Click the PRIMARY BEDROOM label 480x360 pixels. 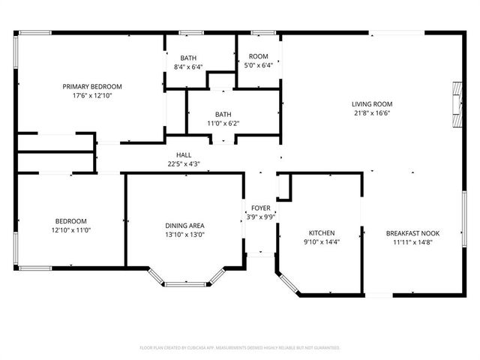pos(91,86)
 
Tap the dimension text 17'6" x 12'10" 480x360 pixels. pos(91,95)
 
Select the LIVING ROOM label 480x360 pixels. pos(373,104)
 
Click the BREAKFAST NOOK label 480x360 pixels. pos(412,233)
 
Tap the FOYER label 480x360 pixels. pos(260,208)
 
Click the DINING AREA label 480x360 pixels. pos(184,226)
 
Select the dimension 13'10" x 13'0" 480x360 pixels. pos(184,235)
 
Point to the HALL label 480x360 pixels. pos(183,154)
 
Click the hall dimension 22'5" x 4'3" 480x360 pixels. pos(183,163)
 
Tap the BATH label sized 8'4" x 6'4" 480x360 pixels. pos(188,58)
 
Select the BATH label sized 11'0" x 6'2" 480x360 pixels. pos(223,114)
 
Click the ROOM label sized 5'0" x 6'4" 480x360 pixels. pos(258,56)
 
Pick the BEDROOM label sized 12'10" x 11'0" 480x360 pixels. pos(70,220)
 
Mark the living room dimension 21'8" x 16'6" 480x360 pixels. pos(373,113)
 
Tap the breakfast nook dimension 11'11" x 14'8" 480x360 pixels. pos(412,242)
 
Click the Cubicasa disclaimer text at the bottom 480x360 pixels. pos(240,348)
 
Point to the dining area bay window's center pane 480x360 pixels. pos(185,284)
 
